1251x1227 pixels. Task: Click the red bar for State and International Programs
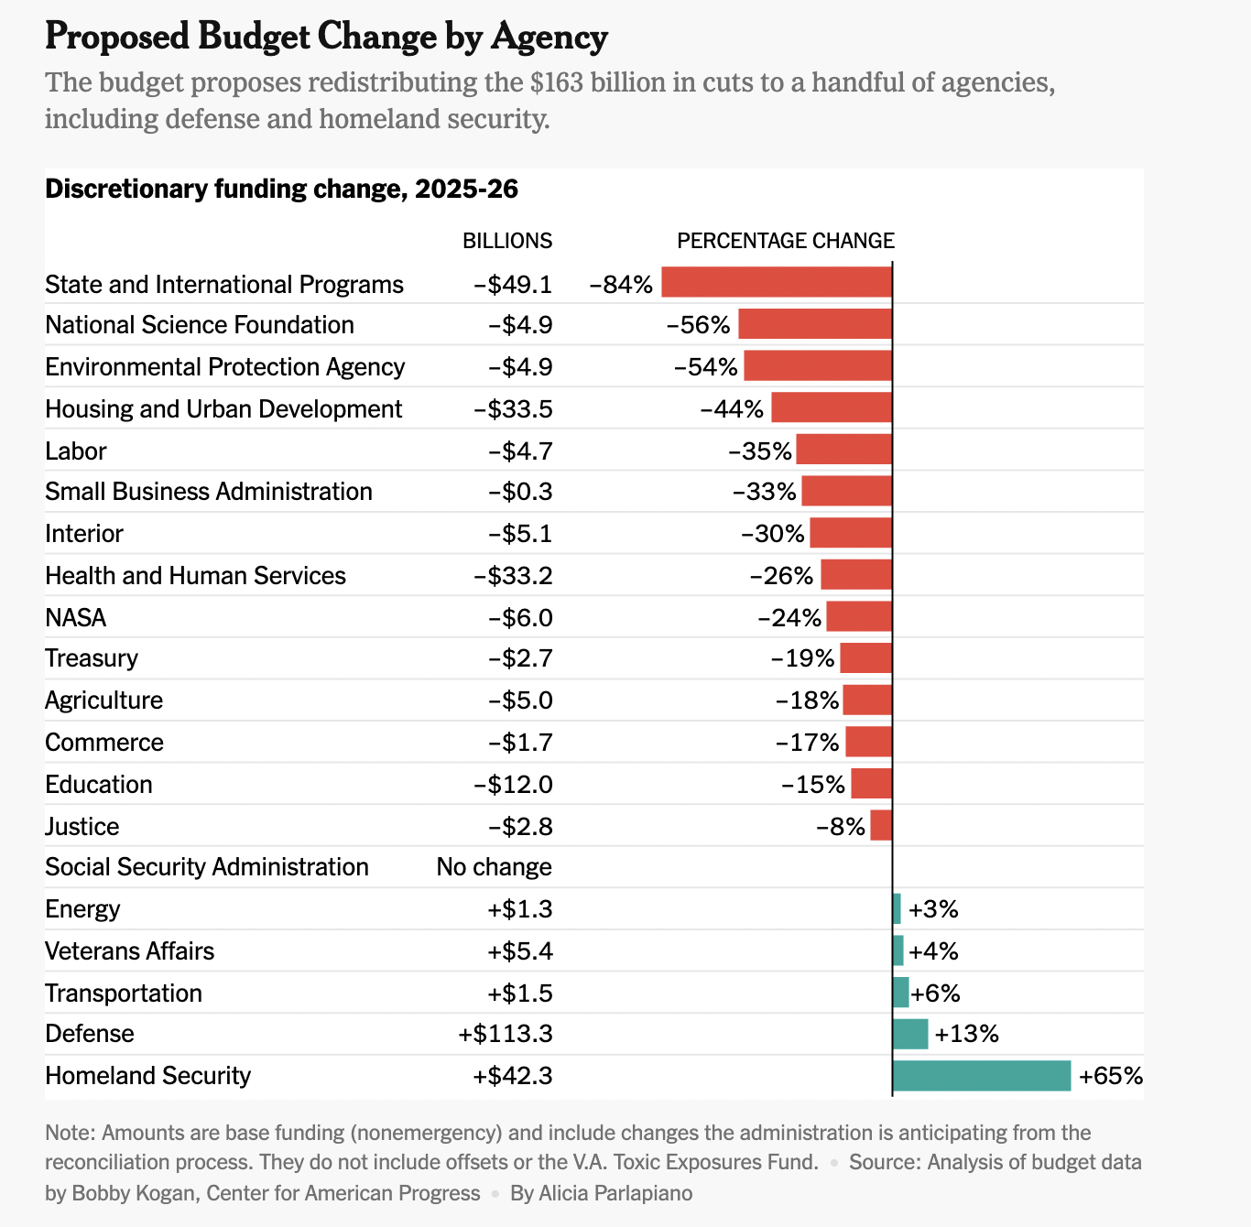777,283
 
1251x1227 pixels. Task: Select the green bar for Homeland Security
982,1076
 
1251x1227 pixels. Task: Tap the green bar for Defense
910,1034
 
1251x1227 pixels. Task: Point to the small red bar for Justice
881,826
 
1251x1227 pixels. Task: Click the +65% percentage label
1111,1076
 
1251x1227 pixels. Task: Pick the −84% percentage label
621,284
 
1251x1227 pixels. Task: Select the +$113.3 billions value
506,1034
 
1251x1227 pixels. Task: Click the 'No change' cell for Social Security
495,867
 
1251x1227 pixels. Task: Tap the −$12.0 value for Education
514,785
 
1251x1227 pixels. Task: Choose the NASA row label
76,618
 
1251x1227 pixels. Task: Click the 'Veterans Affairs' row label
129,951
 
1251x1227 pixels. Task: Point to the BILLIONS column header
507,241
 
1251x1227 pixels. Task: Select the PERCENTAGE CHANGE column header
786,241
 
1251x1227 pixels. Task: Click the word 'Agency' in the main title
549,37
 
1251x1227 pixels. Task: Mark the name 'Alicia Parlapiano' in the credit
615,1193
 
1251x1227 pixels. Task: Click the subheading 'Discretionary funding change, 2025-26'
281,189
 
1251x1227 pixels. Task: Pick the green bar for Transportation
901,993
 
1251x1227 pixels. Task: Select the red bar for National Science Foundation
815,325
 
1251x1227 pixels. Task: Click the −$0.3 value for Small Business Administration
520,492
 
